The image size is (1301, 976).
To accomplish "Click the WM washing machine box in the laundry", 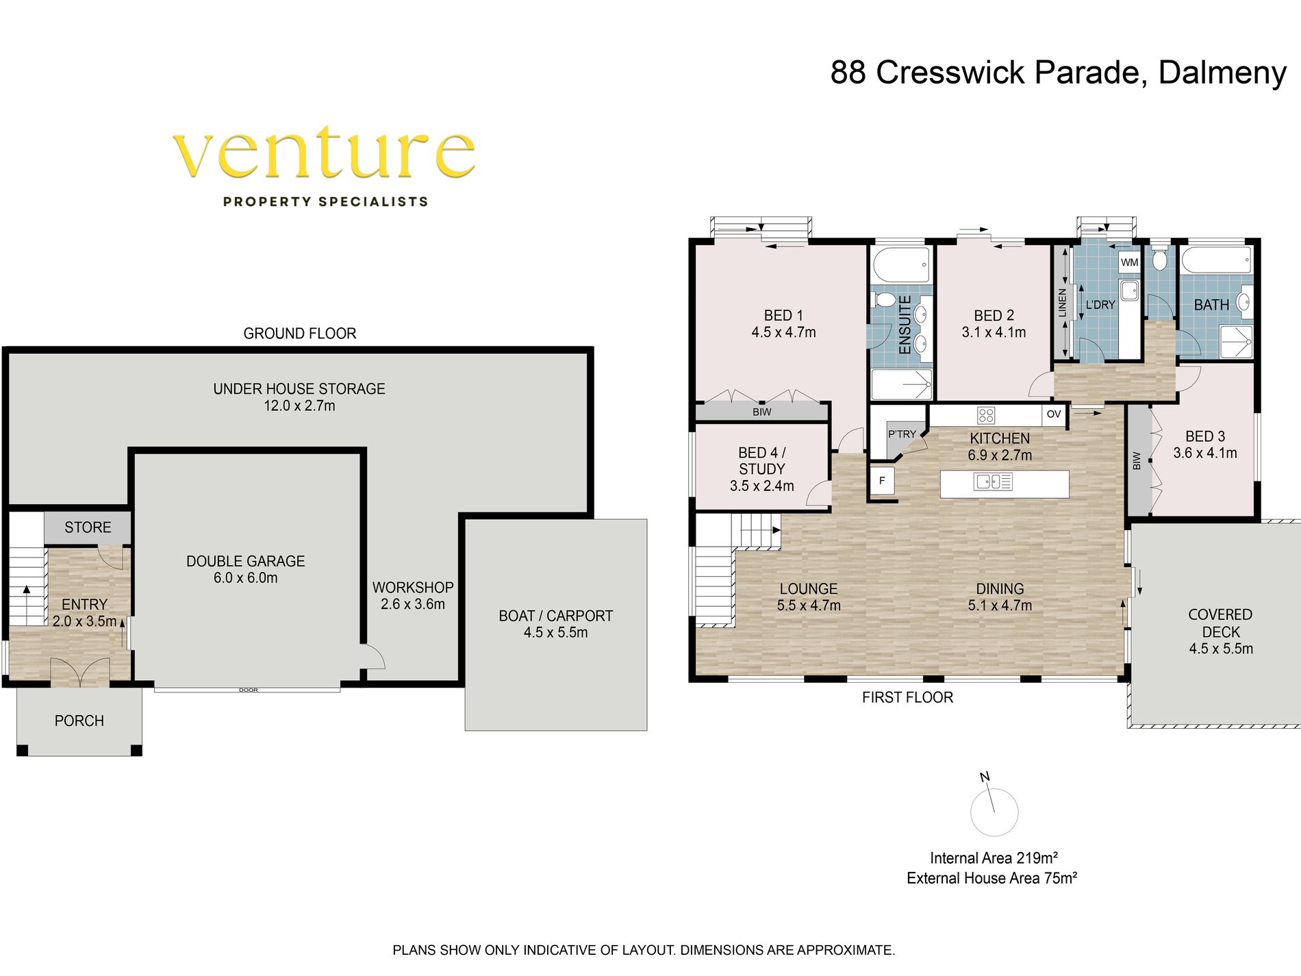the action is (x=1129, y=262).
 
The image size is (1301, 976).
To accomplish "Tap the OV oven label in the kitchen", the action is (x=1054, y=414).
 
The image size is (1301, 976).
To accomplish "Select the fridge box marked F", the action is (x=882, y=481).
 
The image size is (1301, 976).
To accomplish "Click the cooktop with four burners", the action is (x=986, y=414).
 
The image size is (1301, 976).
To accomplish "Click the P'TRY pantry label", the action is (x=902, y=434).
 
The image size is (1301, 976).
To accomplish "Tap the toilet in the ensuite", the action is (x=883, y=300).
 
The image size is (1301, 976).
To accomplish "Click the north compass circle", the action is (x=994, y=812).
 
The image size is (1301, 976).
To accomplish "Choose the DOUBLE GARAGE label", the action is (x=245, y=561).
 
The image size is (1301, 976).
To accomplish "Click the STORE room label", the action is (x=88, y=527).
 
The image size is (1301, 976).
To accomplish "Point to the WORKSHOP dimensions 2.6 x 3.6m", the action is (x=413, y=604).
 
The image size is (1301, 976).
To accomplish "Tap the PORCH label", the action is (x=79, y=721).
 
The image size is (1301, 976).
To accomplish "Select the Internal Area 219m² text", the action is (x=994, y=858).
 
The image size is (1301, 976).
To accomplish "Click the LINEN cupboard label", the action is (x=1062, y=303).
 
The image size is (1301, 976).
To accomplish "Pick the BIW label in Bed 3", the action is (x=1137, y=461).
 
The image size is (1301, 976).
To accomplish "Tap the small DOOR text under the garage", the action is (x=249, y=690).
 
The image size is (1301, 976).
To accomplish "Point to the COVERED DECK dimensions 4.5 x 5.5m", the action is (x=1221, y=649).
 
